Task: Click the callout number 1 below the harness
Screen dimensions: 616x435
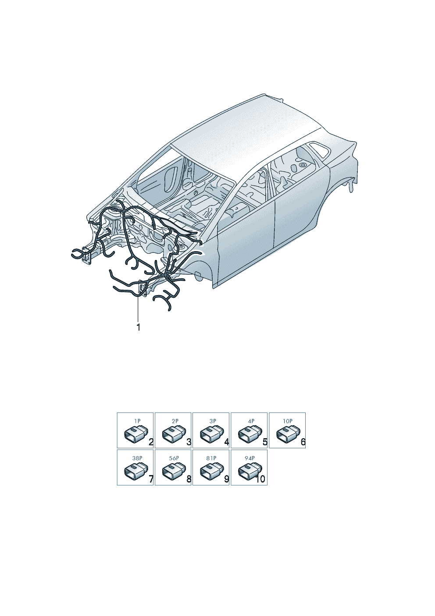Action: pyautogui.click(x=138, y=327)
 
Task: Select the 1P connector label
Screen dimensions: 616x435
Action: pyautogui.click(x=137, y=421)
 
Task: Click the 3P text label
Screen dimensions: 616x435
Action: pyautogui.click(x=213, y=421)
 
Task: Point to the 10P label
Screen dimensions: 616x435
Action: pyautogui.click(x=287, y=421)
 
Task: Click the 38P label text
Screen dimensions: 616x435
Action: pyautogui.click(x=137, y=458)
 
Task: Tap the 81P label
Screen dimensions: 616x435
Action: pyautogui.click(x=211, y=458)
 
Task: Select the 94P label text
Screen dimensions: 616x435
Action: pyautogui.click(x=250, y=458)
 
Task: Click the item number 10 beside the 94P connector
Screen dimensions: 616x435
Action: pyautogui.click(x=260, y=479)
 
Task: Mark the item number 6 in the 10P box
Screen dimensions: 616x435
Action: pyautogui.click(x=303, y=442)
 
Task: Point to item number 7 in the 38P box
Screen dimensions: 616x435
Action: pyautogui.click(x=151, y=479)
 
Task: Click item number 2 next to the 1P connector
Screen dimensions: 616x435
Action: pyautogui.click(x=151, y=442)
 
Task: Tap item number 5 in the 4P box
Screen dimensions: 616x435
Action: pyautogui.click(x=265, y=442)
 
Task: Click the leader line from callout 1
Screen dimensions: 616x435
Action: pyautogui.click(x=138, y=310)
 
